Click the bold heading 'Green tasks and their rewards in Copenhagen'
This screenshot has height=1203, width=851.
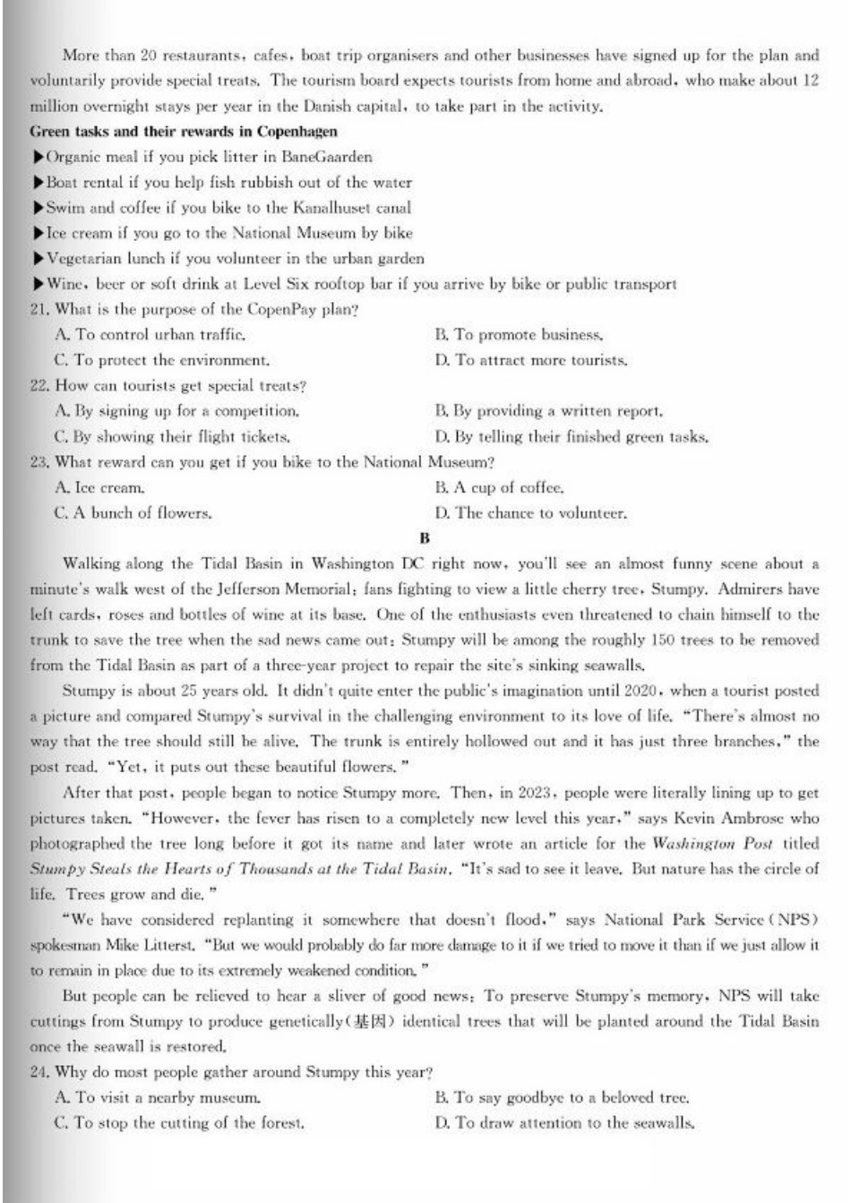click(184, 132)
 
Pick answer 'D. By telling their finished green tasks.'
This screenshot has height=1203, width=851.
click(572, 437)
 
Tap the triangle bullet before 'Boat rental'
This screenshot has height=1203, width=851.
click(38, 183)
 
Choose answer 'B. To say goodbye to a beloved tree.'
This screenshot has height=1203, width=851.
click(562, 1097)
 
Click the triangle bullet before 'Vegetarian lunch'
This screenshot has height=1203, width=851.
click(38, 259)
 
